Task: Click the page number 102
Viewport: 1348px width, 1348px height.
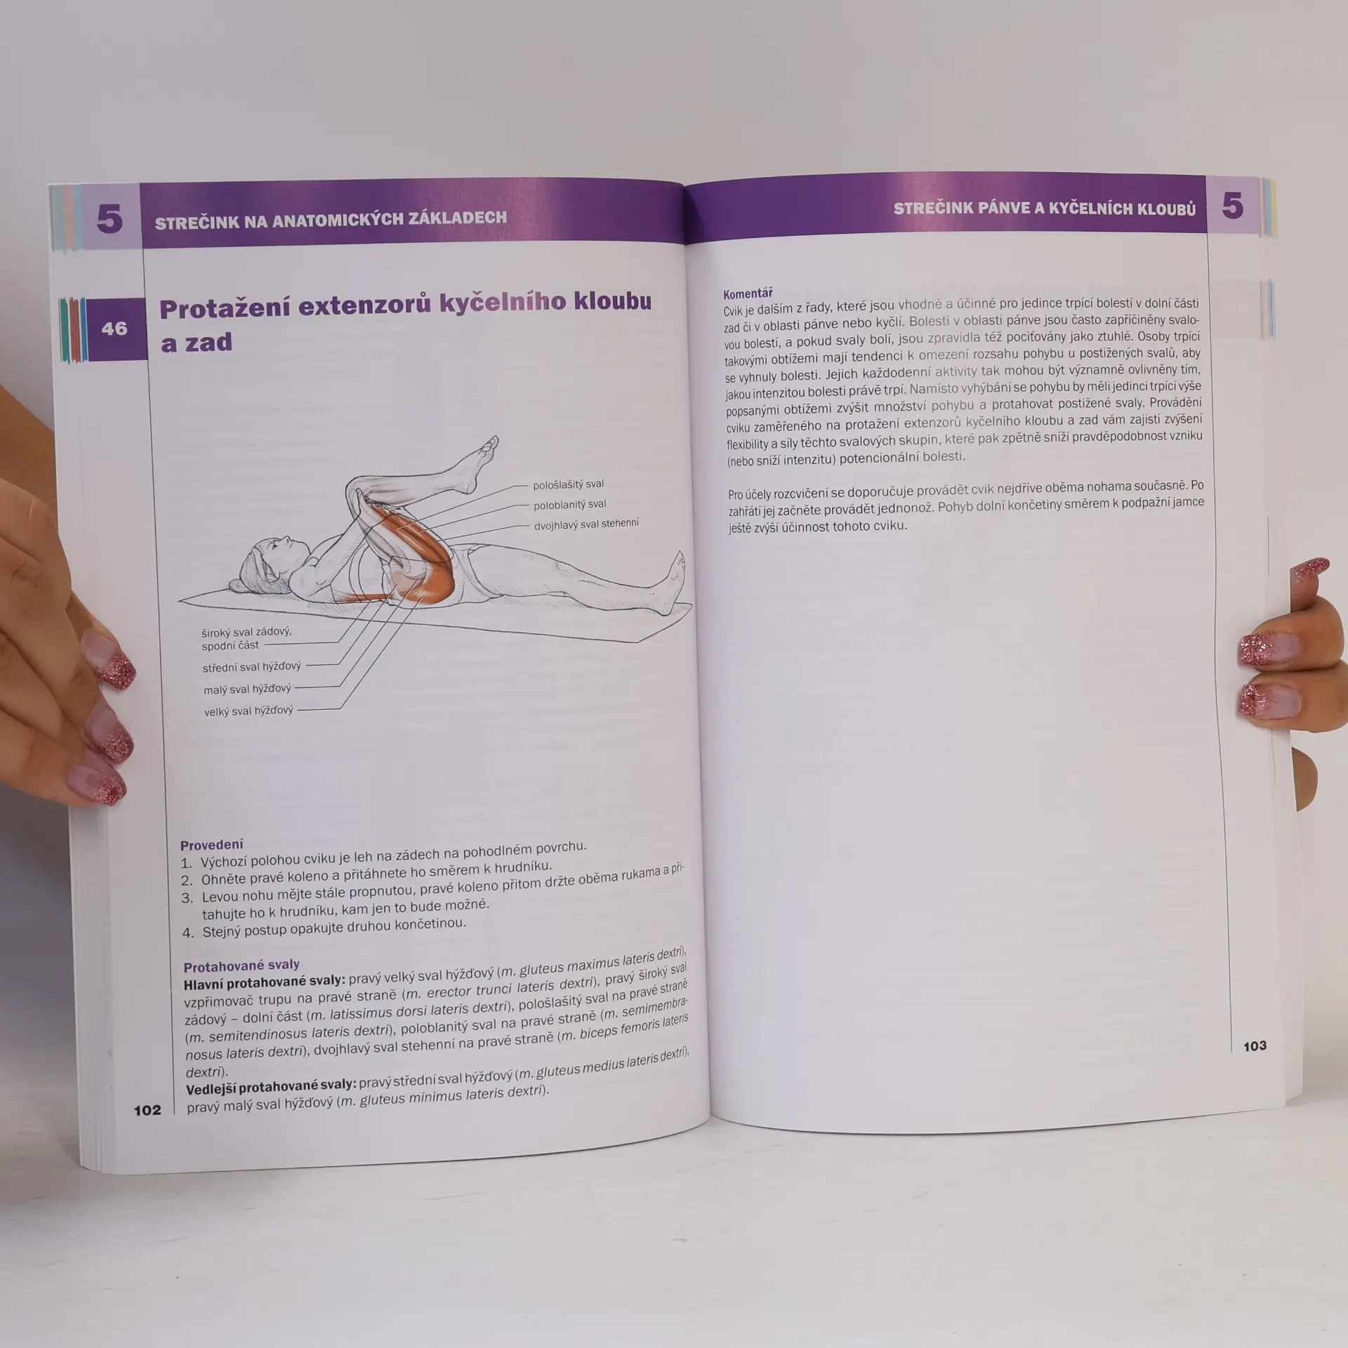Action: [147, 1110]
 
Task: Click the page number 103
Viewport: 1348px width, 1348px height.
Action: [1255, 1046]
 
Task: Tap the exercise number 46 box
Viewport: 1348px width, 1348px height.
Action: [115, 329]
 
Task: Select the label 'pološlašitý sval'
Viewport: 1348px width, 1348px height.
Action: [568, 484]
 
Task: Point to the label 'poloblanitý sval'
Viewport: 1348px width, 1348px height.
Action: [569, 505]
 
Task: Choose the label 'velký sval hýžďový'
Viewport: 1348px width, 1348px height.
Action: [248, 711]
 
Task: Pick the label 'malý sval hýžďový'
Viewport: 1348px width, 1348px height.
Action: [247, 689]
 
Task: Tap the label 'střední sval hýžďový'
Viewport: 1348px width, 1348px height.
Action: [251, 667]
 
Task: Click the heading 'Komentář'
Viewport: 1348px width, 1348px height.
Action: [748, 293]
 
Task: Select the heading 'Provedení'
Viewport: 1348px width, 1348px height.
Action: [211, 845]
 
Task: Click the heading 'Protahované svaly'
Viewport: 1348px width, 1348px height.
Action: [242, 965]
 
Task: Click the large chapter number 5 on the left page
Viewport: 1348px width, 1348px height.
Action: [109, 218]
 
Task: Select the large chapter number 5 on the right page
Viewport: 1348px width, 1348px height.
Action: [1232, 206]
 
